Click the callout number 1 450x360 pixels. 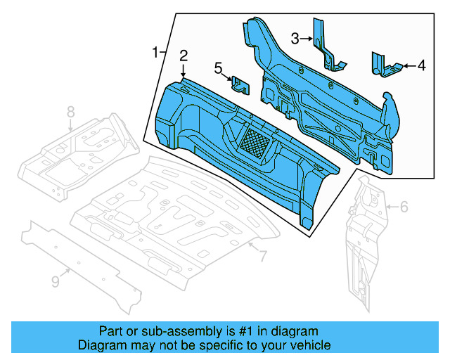point(155,53)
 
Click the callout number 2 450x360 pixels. point(183,56)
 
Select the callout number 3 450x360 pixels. point(296,37)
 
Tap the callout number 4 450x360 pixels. point(421,66)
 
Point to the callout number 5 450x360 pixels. point(218,67)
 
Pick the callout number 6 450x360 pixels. point(404,207)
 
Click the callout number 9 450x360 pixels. point(56,282)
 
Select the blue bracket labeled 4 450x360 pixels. point(383,65)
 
